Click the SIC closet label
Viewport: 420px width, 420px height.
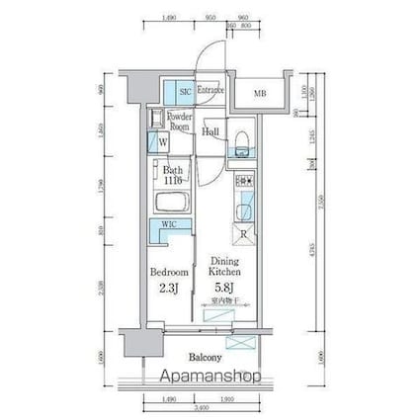pos(184,92)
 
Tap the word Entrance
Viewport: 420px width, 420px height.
pos(210,91)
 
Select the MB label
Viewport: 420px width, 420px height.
pos(260,94)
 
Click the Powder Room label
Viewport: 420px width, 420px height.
pos(178,122)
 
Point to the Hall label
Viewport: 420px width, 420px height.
pos(210,131)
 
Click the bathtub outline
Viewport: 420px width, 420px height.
pos(172,204)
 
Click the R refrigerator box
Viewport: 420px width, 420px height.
pos(243,233)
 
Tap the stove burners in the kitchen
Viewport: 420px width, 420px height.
pos(242,184)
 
